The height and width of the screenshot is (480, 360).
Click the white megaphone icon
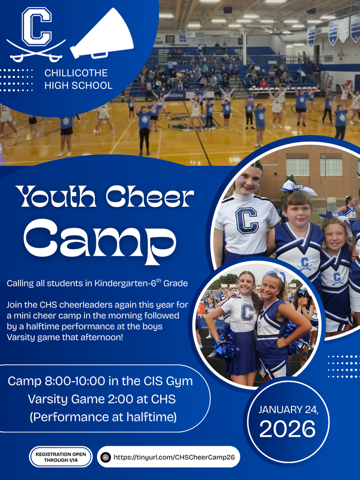coord(102,35)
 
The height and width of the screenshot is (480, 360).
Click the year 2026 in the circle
coord(288,428)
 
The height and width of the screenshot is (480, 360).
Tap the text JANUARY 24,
coord(288,409)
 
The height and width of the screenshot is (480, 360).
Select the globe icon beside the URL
coord(106,457)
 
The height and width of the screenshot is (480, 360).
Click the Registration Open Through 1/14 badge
coord(61,457)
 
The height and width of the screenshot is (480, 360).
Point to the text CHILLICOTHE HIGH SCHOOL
coord(78,79)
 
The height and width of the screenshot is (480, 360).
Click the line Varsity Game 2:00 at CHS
coord(101,399)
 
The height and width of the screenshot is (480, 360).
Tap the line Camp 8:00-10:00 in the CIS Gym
coord(100,381)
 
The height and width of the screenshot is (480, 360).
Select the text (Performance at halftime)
coord(101,417)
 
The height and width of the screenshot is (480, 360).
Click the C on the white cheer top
coord(247,220)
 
